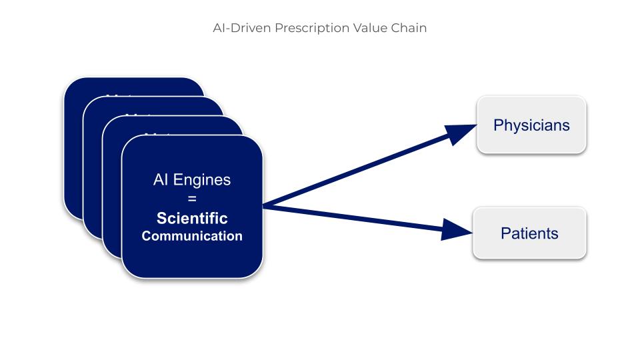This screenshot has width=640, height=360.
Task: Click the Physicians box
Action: (531, 125)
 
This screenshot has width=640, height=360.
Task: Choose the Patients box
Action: (529, 233)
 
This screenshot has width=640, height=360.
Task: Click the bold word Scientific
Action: (192, 219)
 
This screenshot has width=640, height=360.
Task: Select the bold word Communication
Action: (192, 236)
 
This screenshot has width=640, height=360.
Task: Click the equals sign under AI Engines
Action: (192, 199)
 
